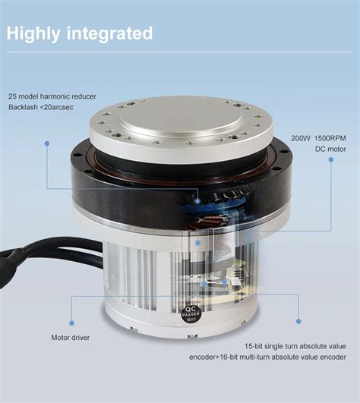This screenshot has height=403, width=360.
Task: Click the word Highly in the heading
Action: [34, 33]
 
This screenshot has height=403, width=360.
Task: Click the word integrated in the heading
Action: [109, 33]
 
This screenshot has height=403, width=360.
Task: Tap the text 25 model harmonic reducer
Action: [63, 97]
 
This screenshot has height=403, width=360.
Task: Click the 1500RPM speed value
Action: [333, 139]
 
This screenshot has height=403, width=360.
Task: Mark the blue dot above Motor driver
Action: [71, 300]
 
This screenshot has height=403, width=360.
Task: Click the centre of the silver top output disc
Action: [181, 121]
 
